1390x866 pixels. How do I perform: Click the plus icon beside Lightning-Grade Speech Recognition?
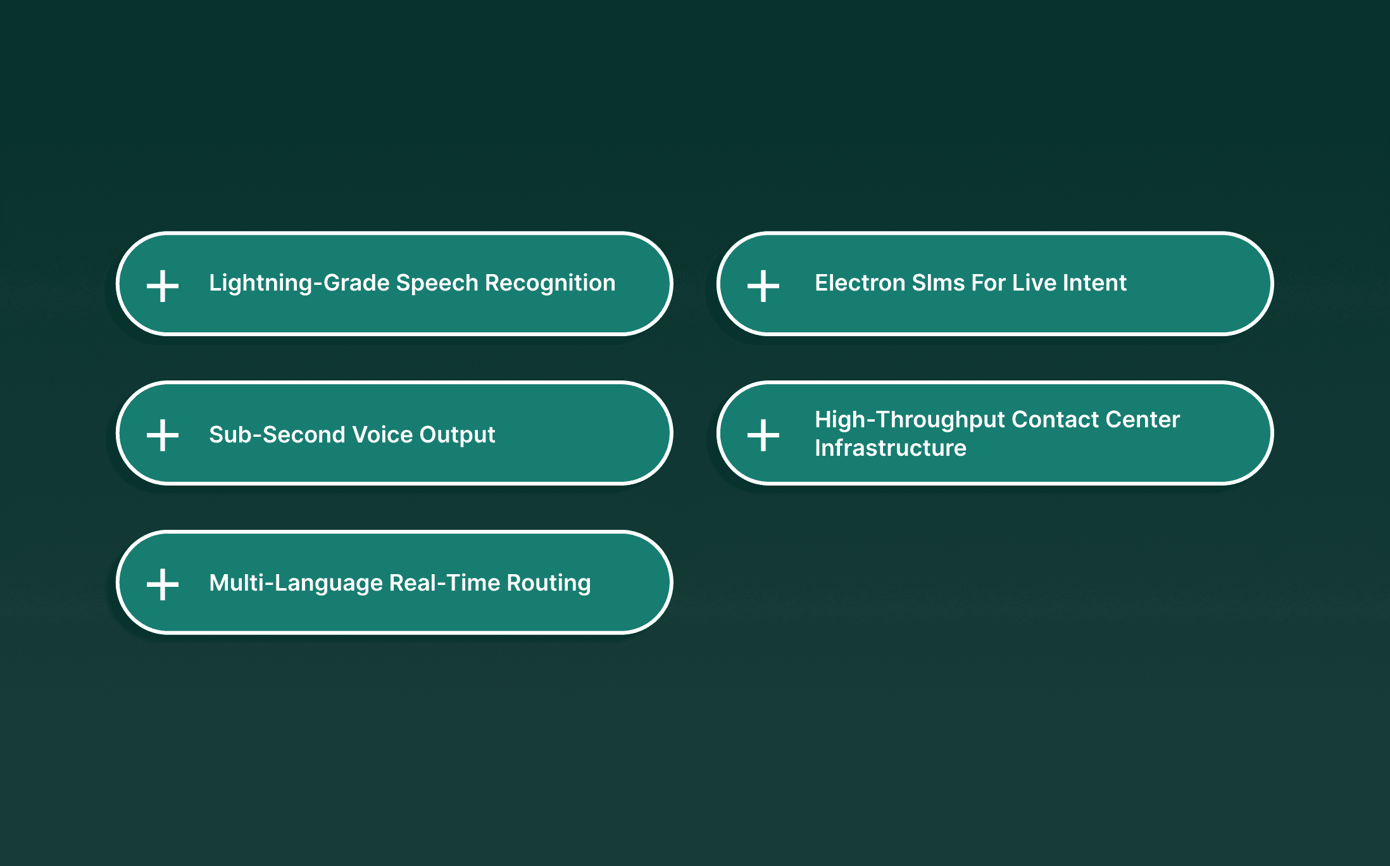click(163, 286)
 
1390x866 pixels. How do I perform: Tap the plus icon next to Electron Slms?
click(763, 286)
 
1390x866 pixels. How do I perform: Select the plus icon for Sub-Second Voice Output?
click(163, 436)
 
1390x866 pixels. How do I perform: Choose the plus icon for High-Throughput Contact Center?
click(763, 436)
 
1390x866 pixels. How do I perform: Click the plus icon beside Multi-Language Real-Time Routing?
click(163, 584)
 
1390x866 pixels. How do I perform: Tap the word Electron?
click(860, 283)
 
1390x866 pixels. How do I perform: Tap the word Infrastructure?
click(891, 448)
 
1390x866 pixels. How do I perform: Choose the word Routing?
click(549, 583)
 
